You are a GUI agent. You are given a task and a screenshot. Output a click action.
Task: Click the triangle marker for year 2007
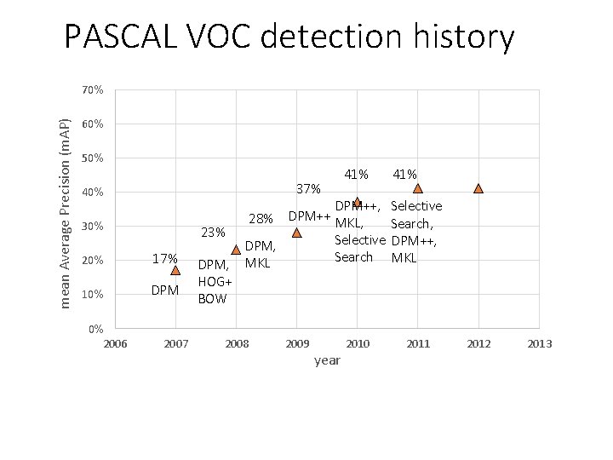point(175,270)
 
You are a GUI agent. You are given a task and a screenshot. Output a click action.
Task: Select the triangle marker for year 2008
point(236,250)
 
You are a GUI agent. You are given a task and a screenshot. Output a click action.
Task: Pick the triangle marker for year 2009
point(296,233)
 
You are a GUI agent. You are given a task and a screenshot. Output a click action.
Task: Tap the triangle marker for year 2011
point(417,188)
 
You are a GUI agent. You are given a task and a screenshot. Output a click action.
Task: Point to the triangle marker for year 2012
point(478,188)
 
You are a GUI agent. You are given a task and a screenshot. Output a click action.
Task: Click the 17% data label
point(164,258)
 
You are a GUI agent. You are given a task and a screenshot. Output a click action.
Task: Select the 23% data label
point(212,232)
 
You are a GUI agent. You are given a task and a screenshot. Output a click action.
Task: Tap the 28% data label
point(261,219)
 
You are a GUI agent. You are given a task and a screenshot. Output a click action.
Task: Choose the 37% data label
point(308,187)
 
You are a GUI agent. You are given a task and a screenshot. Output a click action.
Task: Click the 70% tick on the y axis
point(93,90)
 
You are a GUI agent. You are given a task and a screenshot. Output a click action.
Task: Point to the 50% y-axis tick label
point(93,158)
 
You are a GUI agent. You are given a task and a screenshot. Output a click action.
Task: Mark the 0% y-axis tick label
point(95,329)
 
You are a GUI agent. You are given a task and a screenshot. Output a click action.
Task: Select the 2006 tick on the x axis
point(115,343)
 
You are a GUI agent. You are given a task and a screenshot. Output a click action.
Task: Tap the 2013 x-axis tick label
point(540,343)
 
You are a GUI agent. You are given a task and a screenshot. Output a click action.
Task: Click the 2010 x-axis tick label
point(358,343)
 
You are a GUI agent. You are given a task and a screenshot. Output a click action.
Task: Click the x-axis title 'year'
point(327,360)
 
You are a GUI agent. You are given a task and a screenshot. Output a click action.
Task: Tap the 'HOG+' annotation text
point(215,282)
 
